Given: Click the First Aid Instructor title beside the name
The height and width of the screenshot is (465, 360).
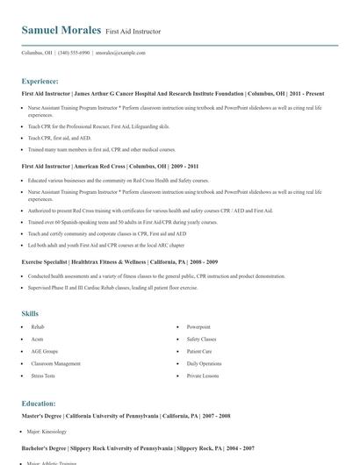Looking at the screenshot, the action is click(133, 32).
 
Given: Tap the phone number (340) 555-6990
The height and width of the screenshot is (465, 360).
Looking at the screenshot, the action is click(74, 53).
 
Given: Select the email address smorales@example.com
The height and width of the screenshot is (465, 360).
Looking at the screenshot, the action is click(120, 53).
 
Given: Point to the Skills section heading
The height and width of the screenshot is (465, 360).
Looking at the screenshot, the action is click(30, 313).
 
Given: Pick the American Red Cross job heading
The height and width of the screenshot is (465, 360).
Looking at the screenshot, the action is click(111, 166).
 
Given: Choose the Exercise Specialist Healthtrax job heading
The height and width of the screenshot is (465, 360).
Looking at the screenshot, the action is click(119, 262).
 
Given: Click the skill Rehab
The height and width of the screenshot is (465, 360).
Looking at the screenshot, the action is click(37, 326).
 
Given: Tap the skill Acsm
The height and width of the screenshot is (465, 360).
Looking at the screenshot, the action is click(37, 339).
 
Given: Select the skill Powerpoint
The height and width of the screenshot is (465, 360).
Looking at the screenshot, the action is click(198, 326).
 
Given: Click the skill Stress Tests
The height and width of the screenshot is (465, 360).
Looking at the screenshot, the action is click(43, 376).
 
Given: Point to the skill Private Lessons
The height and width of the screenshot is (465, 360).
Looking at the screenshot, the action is click(202, 376).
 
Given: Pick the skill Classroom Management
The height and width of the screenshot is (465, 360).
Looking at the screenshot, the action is click(55, 363).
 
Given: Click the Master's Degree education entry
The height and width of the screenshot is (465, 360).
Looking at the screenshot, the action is click(126, 415).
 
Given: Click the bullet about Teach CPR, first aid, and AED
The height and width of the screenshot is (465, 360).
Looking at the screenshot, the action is click(58, 138).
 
